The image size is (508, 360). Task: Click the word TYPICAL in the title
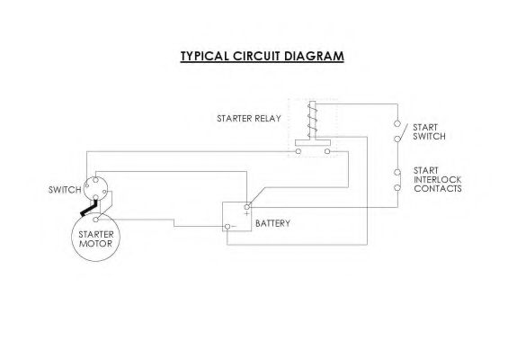204,56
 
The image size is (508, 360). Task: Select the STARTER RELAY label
249,119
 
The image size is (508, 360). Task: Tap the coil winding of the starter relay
312,120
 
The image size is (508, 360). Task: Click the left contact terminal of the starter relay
299,151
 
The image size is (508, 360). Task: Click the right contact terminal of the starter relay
327,151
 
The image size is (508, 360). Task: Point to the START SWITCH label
429,131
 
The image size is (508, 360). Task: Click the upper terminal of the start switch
397,123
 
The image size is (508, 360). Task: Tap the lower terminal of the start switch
397,139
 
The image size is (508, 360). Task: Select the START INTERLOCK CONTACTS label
437,179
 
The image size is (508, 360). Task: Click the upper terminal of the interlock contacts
397,172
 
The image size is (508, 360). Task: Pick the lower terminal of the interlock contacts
397,187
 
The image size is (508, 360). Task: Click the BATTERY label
272,223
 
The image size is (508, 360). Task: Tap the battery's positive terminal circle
247,207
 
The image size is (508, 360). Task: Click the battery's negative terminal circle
227,227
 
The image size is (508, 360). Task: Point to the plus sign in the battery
247,213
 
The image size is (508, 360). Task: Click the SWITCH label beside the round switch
65,189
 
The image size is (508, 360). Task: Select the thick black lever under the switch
89,208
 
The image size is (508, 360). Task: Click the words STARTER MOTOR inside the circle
96,238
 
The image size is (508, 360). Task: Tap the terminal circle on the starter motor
95,220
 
